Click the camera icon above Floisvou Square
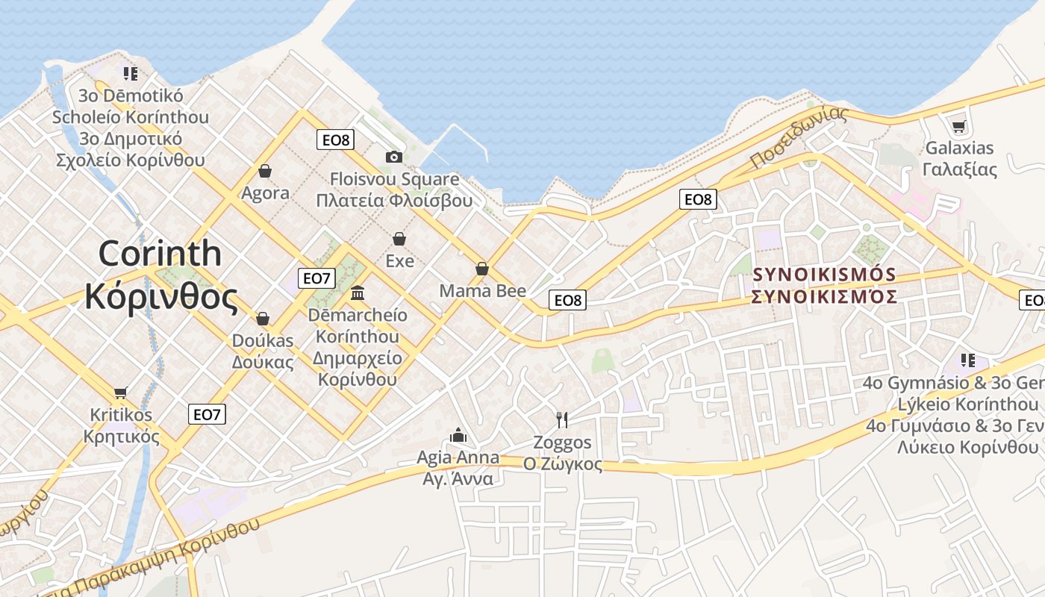[x=393, y=157]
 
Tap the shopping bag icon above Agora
[x=264, y=172]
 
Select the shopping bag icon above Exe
[x=399, y=239]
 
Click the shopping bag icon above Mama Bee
[x=482, y=269]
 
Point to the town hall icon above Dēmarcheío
[x=357, y=293]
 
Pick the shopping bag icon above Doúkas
[x=262, y=319]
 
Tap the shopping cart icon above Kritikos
[x=120, y=393]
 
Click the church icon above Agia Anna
[x=458, y=434]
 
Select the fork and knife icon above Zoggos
[x=562, y=420]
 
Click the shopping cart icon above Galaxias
[x=959, y=126]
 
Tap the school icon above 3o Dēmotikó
[x=131, y=74]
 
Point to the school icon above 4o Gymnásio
[x=968, y=360]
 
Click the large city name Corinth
[x=160, y=254]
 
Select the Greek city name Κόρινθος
[x=161, y=297]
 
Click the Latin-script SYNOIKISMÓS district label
[x=824, y=275]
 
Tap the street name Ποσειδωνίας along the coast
[x=799, y=137]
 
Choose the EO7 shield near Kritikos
[x=207, y=414]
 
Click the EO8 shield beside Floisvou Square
[x=335, y=140]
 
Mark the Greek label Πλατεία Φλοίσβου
[x=394, y=201]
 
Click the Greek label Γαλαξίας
[x=960, y=169]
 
